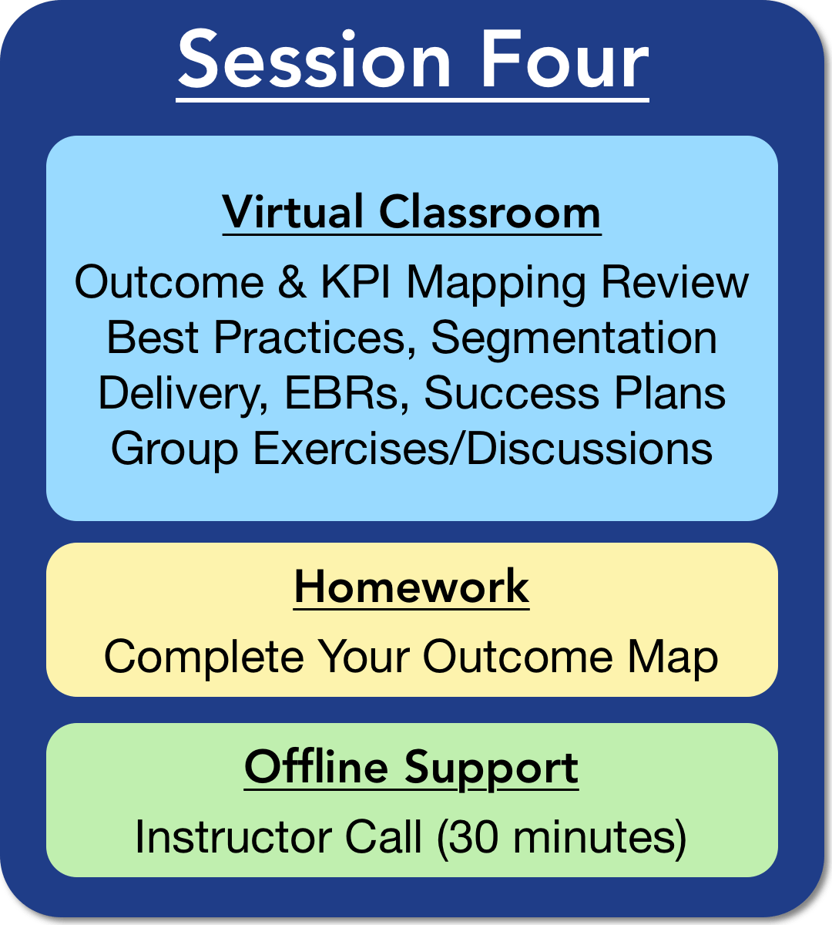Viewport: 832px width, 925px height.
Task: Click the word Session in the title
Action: [x=314, y=59]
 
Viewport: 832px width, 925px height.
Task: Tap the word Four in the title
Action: [x=565, y=59]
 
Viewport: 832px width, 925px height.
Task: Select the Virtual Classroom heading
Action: [x=411, y=212]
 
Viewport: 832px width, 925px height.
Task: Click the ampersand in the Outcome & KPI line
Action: [x=292, y=282]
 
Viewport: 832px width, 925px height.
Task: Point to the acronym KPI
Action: [x=355, y=282]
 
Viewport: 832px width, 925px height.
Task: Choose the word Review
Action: [x=675, y=282]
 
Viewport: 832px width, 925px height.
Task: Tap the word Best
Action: [x=153, y=337]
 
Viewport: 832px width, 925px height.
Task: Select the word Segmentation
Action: [x=574, y=340]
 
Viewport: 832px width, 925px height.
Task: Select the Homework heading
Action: [x=411, y=587]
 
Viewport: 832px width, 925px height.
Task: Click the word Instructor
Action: [x=233, y=836]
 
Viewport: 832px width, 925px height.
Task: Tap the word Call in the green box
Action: [x=384, y=836]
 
